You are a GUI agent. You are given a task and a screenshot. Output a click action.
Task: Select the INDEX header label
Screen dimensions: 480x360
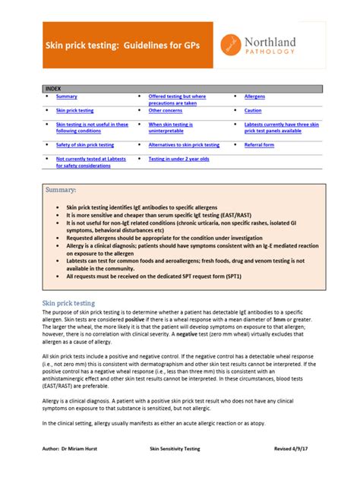point(53,89)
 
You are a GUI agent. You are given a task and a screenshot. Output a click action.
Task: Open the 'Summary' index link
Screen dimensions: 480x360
point(67,97)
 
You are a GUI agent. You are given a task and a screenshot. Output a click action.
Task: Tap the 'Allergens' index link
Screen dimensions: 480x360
point(254,97)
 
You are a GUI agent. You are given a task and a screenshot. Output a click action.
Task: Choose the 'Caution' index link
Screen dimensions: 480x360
point(253,111)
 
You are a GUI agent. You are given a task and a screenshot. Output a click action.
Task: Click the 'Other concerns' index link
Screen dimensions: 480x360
point(165,111)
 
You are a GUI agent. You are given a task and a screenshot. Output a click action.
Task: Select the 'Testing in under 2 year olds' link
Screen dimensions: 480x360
point(178,159)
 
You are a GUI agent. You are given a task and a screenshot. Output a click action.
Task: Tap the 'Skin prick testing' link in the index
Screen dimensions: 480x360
point(75,111)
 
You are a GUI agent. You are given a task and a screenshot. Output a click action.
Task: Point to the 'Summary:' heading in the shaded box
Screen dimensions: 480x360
point(63,190)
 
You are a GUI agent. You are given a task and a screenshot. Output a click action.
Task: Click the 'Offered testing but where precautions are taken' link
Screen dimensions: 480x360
point(177,100)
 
